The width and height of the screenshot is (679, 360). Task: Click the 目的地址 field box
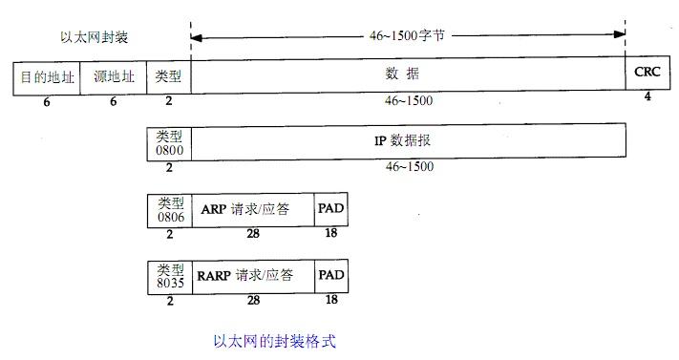pyautogui.click(x=47, y=76)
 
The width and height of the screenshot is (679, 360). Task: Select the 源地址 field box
pyautogui.click(x=113, y=76)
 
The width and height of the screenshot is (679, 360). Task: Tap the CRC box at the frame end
pyautogui.click(x=647, y=72)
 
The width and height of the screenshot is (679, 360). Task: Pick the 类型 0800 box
pyautogui.click(x=169, y=142)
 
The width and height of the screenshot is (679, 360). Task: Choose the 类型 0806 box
pyautogui.click(x=169, y=210)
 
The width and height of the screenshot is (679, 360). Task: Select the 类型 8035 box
pyautogui.click(x=169, y=277)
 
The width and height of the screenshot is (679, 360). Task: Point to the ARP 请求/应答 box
pyautogui.click(x=252, y=210)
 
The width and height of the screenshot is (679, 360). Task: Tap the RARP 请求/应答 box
pyautogui.click(x=252, y=277)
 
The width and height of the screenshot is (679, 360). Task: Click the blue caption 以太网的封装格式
pyautogui.click(x=274, y=340)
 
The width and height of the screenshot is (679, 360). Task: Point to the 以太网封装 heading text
pyautogui.click(x=93, y=38)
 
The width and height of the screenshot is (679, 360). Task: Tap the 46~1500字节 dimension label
pyautogui.click(x=409, y=35)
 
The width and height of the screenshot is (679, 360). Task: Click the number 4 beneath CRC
pyautogui.click(x=647, y=96)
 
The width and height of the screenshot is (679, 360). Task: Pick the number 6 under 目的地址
pyautogui.click(x=47, y=101)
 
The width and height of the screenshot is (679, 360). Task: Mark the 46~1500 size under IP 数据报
pyautogui.click(x=409, y=166)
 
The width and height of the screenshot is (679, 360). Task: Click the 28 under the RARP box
pyautogui.click(x=253, y=300)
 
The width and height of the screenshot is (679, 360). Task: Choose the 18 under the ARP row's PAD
pyautogui.click(x=331, y=233)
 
